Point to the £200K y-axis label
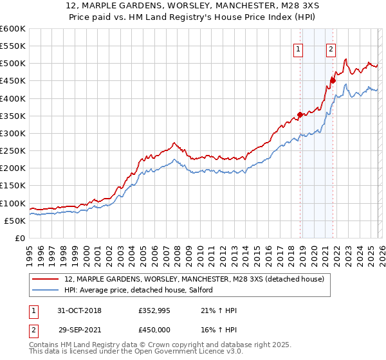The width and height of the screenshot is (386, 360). [x=12, y=168]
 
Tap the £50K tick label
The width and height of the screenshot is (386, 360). [x=14, y=221]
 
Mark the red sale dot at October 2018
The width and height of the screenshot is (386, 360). [x=300, y=115]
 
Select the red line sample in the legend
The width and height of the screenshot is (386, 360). [x=46, y=279]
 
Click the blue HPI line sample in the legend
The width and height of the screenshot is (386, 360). [x=46, y=290]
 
